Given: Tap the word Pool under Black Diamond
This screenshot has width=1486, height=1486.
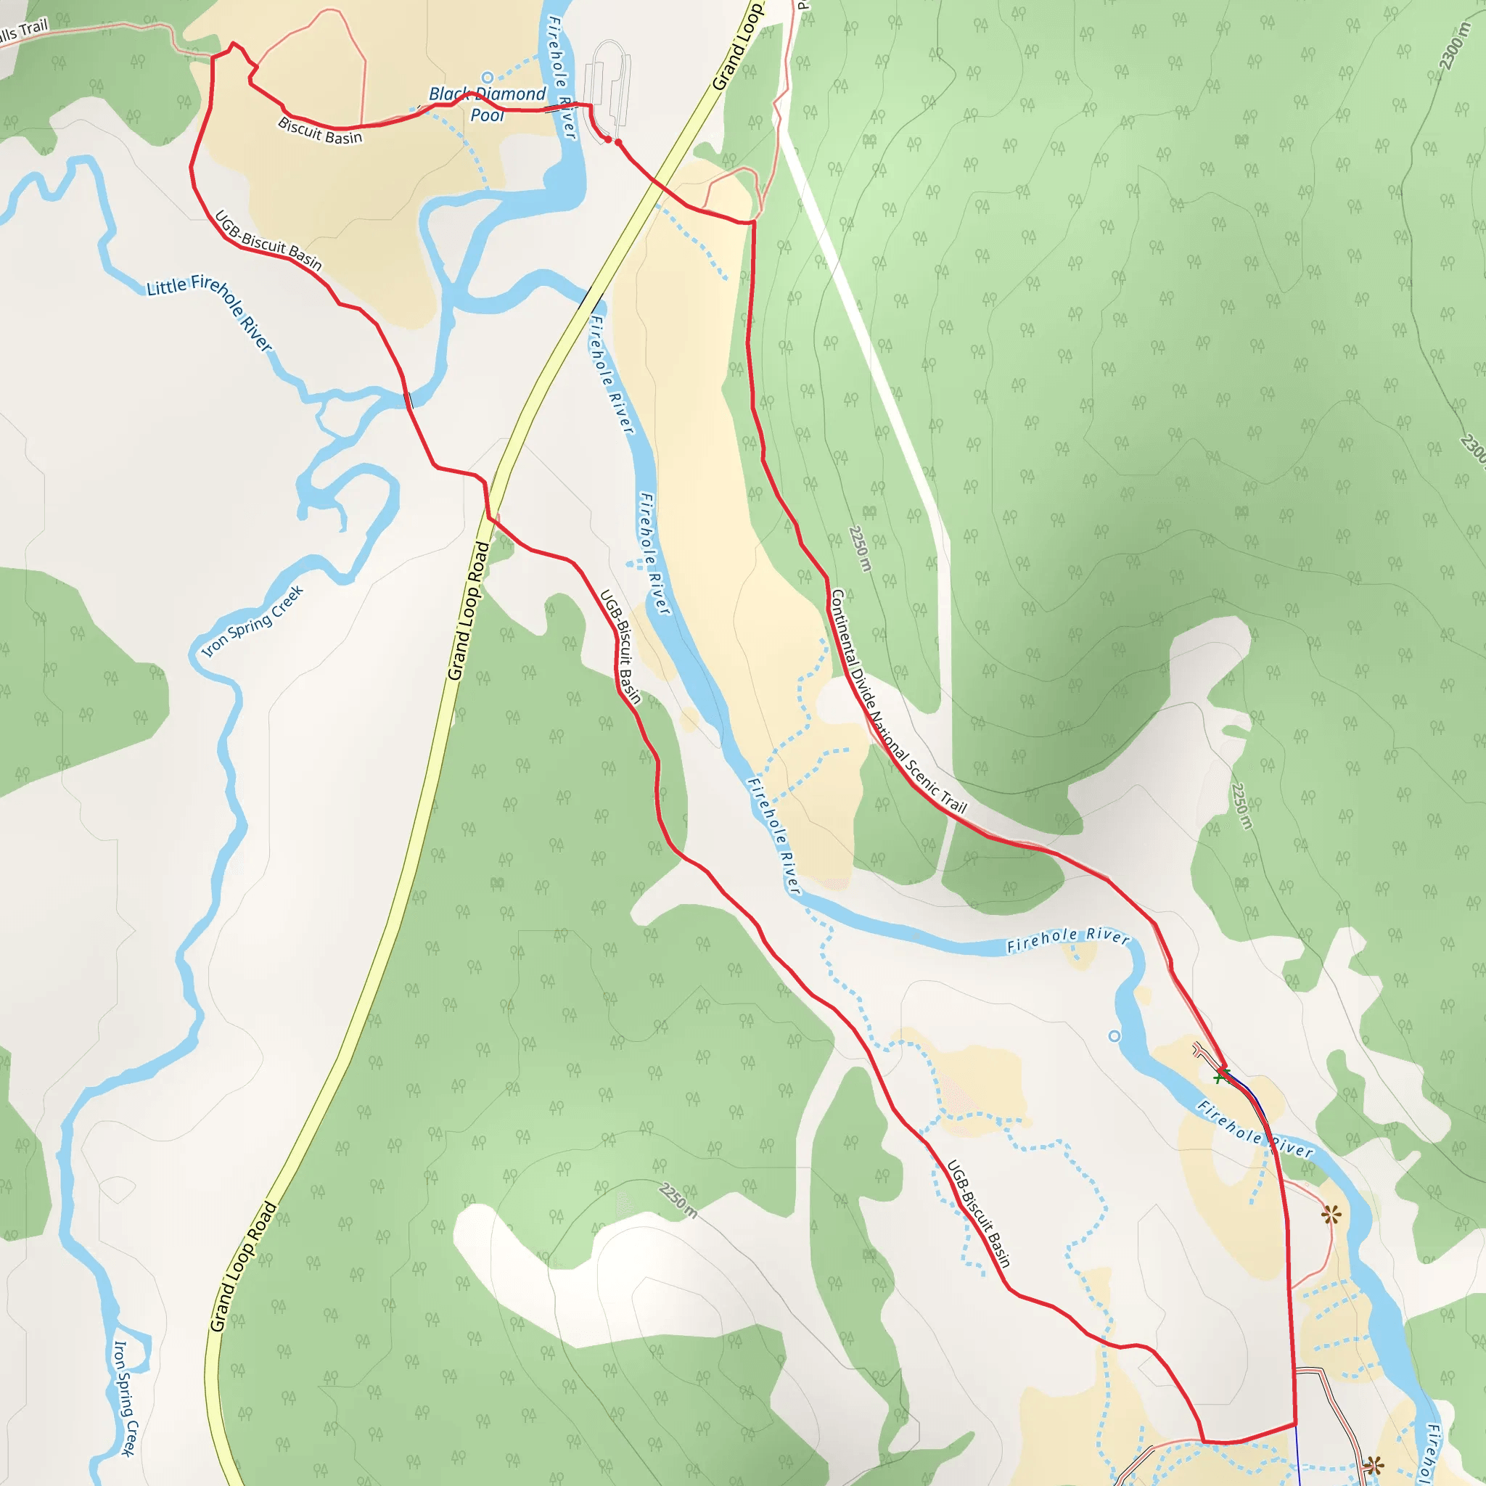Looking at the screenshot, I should coord(487,115).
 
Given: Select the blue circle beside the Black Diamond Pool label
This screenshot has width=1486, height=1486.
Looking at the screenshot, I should coord(487,77).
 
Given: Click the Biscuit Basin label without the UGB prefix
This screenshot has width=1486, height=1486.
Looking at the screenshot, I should coord(320,130).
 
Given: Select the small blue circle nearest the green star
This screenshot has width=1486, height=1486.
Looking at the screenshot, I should coord(1114,1036).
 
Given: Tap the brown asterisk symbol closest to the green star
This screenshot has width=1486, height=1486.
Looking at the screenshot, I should coord(1331,1215).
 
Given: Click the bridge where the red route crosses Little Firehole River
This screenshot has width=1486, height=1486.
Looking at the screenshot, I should coord(407,399).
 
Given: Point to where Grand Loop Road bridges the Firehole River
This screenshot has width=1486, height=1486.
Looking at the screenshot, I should coord(588,297).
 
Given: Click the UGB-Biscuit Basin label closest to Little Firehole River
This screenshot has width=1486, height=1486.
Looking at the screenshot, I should coord(268,241).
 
